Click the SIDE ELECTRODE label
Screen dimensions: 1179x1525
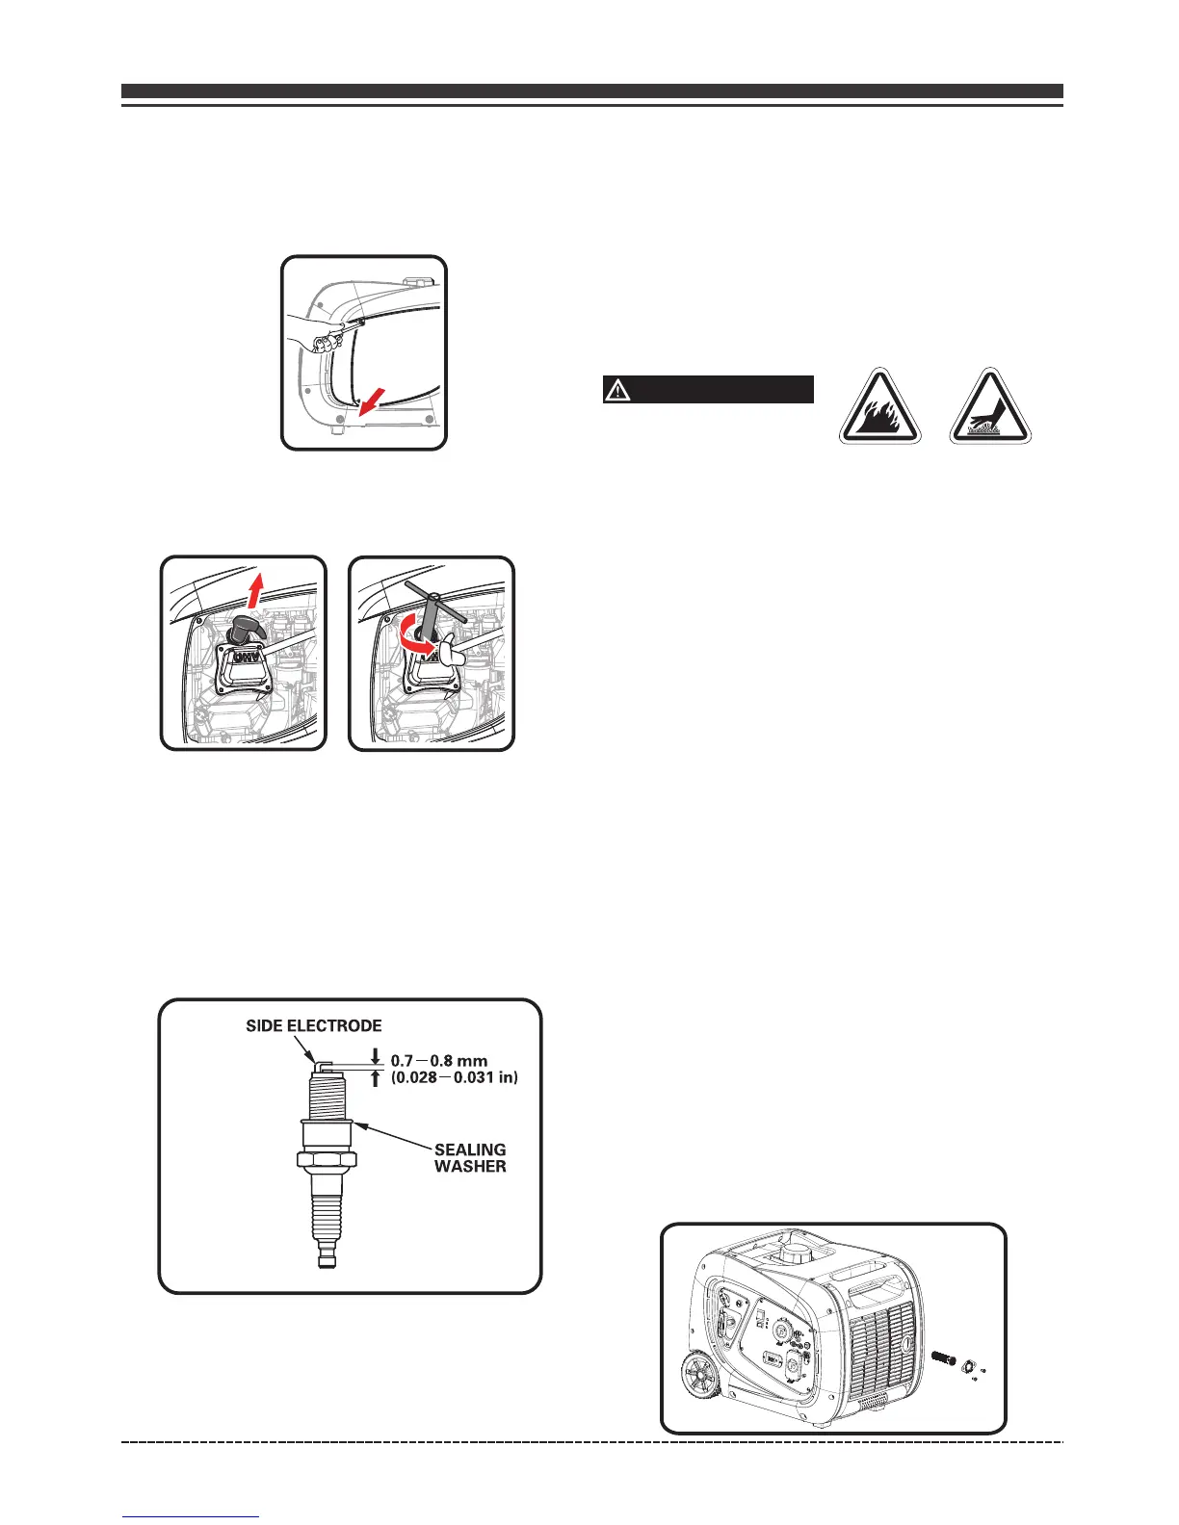pyautogui.click(x=314, y=1026)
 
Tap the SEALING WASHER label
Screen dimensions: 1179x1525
pyautogui.click(x=470, y=1157)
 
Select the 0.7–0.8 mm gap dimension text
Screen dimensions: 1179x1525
pyautogui.click(x=439, y=1061)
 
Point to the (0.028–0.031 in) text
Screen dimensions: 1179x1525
pyautogui.click(x=455, y=1078)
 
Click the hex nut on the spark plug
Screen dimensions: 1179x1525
pyautogui.click(x=327, y=1155)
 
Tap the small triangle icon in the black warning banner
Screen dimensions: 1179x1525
pyautogui.click(x=616, y=390)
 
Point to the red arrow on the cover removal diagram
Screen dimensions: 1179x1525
pyautogui.click(x=368, y=399)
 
